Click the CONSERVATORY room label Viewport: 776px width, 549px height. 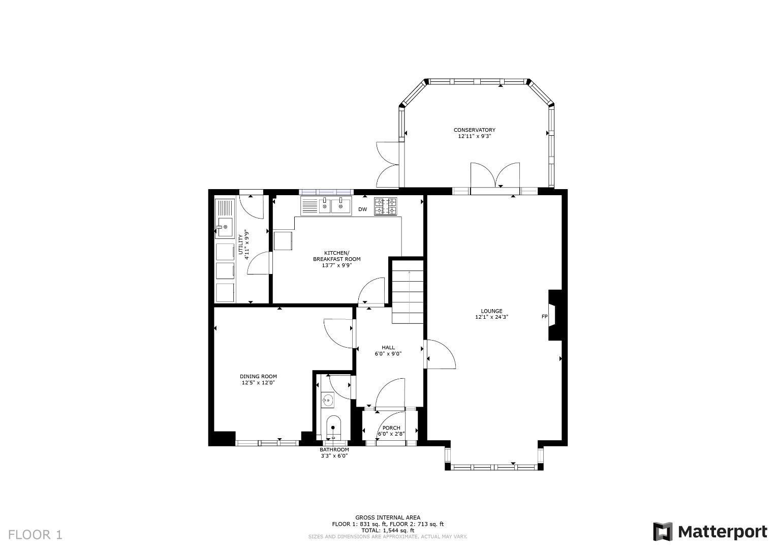tap(474, 130)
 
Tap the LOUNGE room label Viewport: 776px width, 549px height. tap(491, 311)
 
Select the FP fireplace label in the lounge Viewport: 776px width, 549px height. tap(544, 317)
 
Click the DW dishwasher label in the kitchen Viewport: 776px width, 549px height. tap(362, 209)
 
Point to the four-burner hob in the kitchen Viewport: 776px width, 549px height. tap(386, 206)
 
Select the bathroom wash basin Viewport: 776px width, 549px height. tap(328, 400)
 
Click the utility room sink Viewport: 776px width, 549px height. tap(223, 227)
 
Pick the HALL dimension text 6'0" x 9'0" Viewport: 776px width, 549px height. tap(388, 354)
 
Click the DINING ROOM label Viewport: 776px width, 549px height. tap(258, 377)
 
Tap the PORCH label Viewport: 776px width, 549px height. tap(391, 428)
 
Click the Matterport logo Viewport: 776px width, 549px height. tap(710, 532)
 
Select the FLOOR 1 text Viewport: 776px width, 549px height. tap(35, 535)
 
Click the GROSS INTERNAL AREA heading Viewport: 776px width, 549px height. tap(388, 517)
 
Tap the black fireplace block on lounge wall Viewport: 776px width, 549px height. tap(555, 315)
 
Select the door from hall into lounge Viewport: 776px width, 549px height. tap(440, 355)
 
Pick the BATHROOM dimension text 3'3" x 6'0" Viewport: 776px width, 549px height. tap(334, 456)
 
